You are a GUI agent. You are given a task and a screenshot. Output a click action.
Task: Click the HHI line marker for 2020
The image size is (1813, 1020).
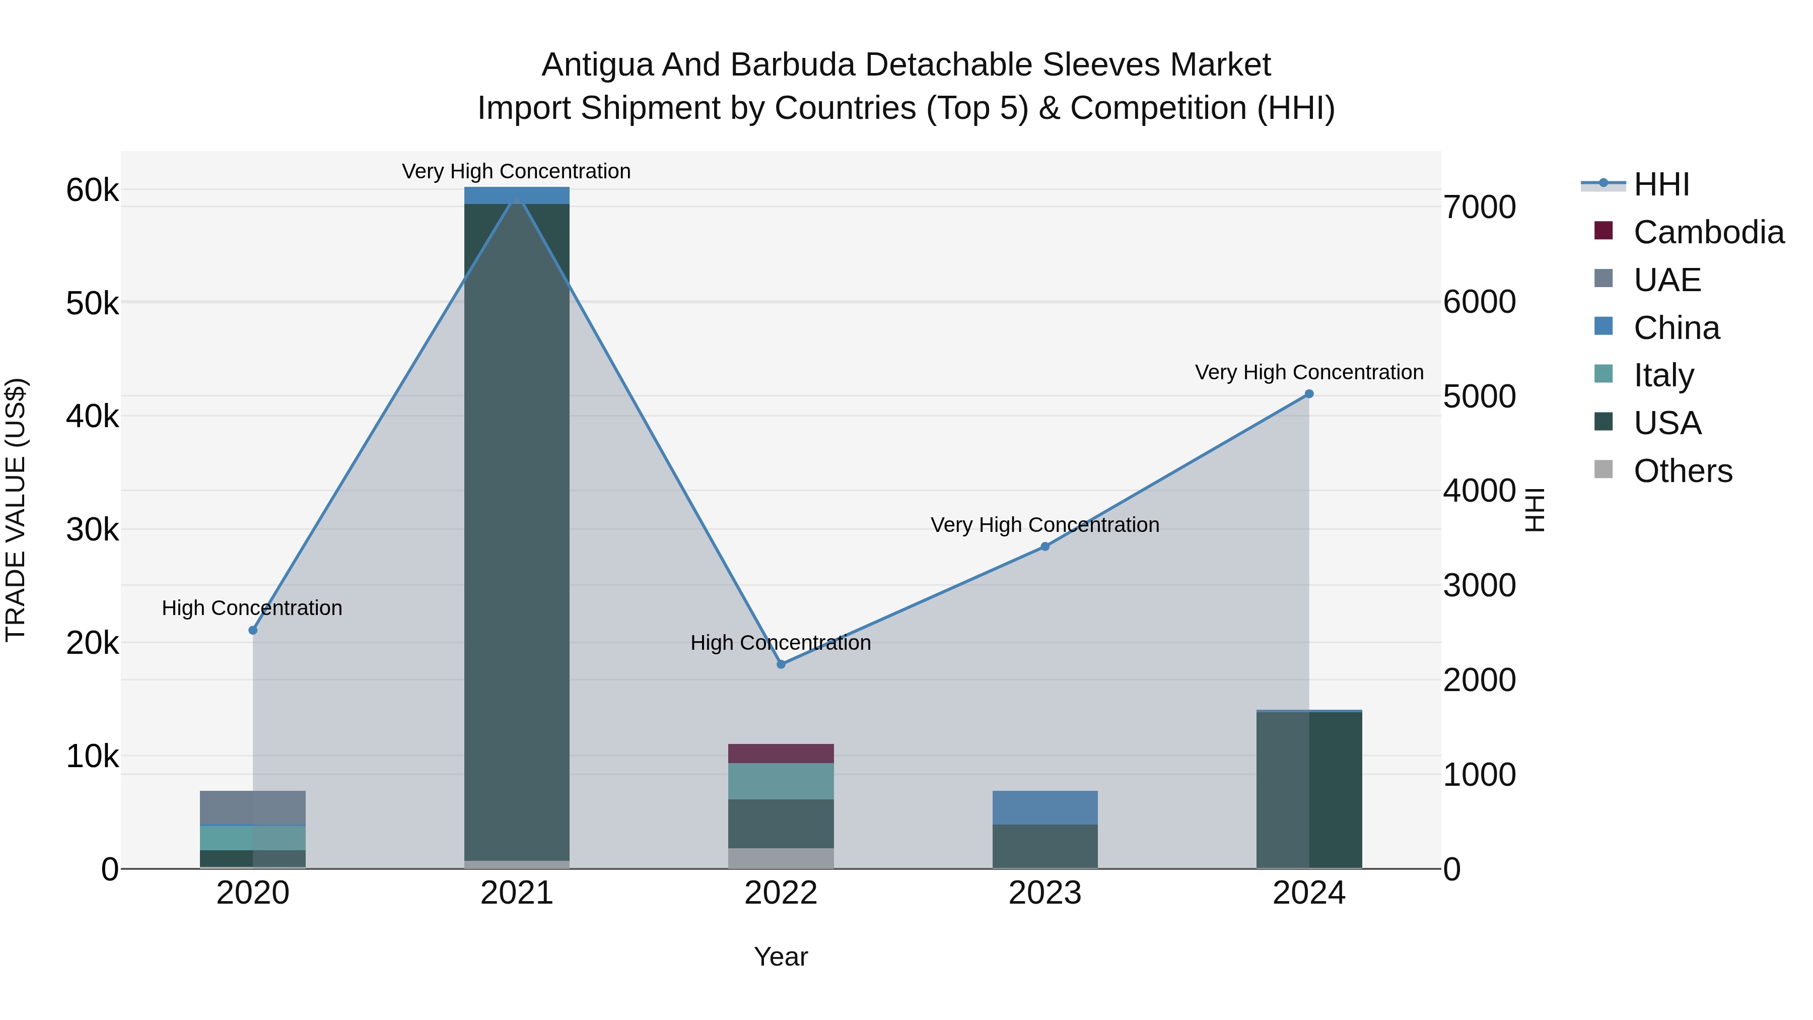[x=253, y=630]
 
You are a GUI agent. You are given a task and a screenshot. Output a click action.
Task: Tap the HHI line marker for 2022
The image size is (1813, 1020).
[x=781, y=664]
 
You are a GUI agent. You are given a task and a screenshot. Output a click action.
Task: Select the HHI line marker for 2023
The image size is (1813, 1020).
[x=1044, y=546]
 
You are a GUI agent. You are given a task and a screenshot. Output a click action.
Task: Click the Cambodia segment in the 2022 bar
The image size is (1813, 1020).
[x=781, y=753]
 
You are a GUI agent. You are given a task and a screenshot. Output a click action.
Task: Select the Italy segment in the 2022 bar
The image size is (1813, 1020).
[x=781, y=781]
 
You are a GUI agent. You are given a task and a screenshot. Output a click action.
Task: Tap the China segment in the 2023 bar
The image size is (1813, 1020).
[x=1044, y=807]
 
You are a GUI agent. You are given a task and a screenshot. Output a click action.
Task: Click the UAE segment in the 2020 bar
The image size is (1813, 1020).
[x=253, y=807]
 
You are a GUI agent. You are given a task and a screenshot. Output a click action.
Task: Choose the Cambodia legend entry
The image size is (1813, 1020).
[x=1708, y=232]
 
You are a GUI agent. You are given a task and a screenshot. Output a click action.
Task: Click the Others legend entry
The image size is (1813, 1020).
[x=1682, y=471]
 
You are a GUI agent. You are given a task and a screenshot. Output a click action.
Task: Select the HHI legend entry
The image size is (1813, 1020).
[x=1661, y=184]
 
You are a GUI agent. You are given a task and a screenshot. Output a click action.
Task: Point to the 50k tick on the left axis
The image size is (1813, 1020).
[x=92, y=304]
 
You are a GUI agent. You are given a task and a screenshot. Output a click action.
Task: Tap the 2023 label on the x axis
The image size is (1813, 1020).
[x=1044, y=893]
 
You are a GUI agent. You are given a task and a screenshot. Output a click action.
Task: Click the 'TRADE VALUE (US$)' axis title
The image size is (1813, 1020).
[x=16, y=510]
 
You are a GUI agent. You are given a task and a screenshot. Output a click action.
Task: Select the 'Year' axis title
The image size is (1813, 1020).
[x=781, y=957]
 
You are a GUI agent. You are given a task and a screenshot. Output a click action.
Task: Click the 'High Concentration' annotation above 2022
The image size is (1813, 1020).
[x=781, y=643]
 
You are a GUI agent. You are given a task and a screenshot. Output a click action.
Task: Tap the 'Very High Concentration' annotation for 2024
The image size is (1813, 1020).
[x=1309, y=372]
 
